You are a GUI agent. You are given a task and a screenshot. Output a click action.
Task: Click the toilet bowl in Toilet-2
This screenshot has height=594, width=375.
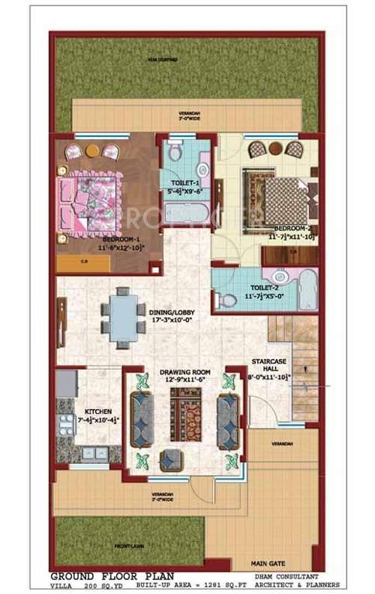point(229,299)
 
